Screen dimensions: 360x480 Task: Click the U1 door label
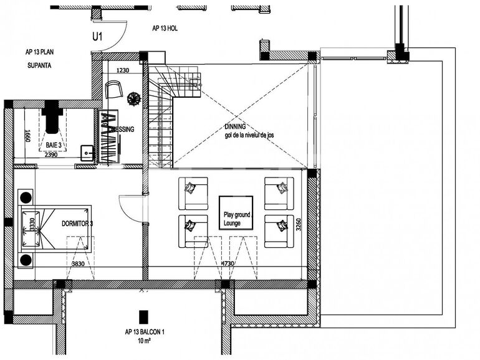coord(97,37)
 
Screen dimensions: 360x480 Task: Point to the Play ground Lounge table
coord(236,218)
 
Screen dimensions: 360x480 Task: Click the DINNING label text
coord(235,126)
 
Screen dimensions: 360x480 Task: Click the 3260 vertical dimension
coord(298,224)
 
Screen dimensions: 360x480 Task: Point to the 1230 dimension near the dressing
coord(122,70)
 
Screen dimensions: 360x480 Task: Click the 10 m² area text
coord(144,342)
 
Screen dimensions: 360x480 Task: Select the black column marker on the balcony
coord(144,316)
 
